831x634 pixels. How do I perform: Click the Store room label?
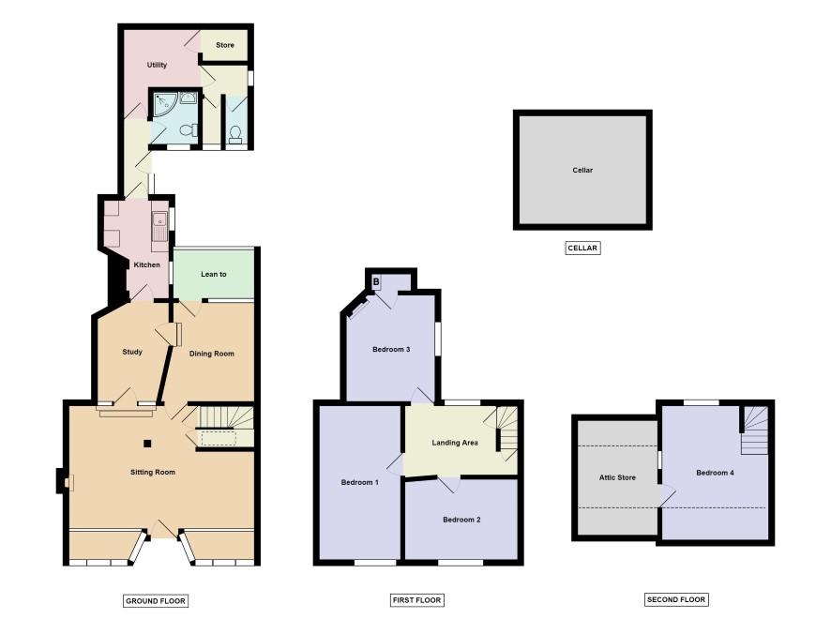coord(225,45)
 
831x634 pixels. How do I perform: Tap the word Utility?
coord(157,65)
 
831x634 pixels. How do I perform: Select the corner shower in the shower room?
coord(165,105)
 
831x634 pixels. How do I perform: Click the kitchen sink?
coord(159,227)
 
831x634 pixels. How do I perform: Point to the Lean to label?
coord(214,274)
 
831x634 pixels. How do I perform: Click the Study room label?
coord(132,352)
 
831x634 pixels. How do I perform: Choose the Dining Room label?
coord(211,354)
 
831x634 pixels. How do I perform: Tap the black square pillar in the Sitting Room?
coord(148,444)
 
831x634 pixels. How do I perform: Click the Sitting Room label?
coord(153,472)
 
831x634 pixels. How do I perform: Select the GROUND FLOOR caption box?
coord(156,600)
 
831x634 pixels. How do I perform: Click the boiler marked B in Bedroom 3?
coord(376,282)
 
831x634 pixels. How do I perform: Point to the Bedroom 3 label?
coord(391,349)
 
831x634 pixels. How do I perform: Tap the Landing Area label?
coord(455,443)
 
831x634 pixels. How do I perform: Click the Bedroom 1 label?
coord(360,482)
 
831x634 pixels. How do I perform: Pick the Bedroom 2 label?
coord(461,520)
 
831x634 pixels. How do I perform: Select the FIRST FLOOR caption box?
coord(416,600)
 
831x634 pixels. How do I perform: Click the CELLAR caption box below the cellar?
coord(582,248)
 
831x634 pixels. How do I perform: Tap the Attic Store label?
coord(617,477)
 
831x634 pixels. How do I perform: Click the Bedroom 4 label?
coord(715,473)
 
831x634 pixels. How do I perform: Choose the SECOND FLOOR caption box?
coord(676,599)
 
